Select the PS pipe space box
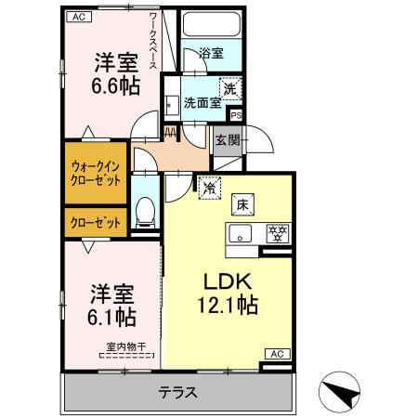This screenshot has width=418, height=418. pyautogui.click(x=237, y=115)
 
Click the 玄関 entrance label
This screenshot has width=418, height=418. pyautogui.click(x=226, y=140)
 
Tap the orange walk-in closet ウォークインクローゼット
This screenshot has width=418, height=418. pyautogui.click(x=96, y=173)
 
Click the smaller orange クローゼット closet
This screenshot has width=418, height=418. pyautogui.click(x=96, y=222)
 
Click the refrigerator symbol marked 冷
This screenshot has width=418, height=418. pyautogui.click(x=211, y=186)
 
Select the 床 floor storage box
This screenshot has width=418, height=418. pyautogui.click(x=241, y=204)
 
